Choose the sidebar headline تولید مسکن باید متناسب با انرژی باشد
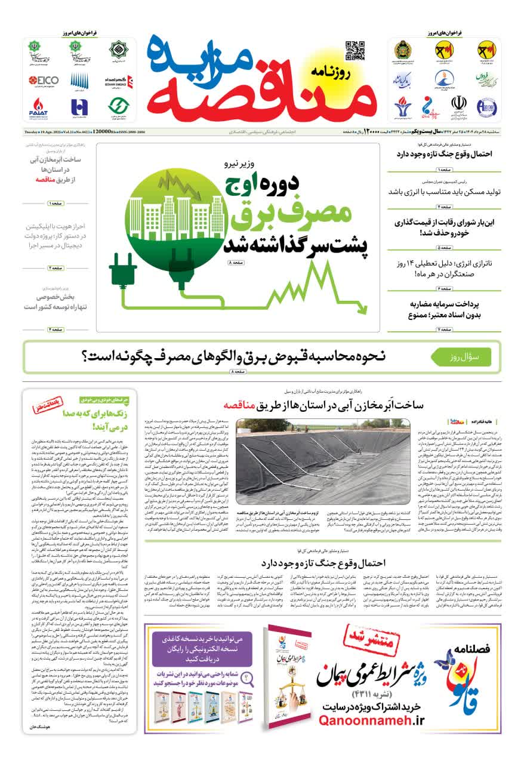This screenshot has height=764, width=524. click(443, 192)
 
